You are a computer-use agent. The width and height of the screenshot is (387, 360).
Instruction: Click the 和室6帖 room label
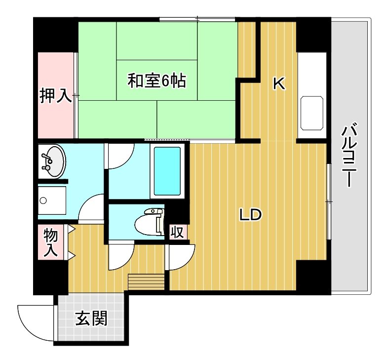[x=156, y=81]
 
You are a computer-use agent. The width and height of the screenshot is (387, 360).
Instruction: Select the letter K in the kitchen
[x=279, y=84]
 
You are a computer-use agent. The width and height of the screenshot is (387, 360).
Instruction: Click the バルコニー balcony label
[x=349, y=156]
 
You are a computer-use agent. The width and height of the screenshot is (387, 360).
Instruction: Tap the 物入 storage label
[x=51, y=243]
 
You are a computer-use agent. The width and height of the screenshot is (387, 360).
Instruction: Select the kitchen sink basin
[x=311, y=113]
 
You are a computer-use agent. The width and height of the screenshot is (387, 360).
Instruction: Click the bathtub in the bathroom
[x=167, y=171]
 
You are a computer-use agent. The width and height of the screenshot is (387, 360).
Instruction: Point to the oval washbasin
[x=52, y=161]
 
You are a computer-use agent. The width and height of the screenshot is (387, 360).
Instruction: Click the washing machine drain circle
[x=43, y=200]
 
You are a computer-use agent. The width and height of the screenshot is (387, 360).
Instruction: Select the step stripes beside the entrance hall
[x=146, y=281]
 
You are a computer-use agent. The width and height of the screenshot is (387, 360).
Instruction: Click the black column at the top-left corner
[x=55, y=35]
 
